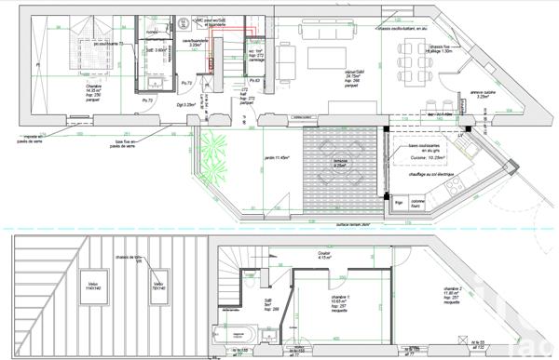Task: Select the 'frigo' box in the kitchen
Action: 399,202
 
